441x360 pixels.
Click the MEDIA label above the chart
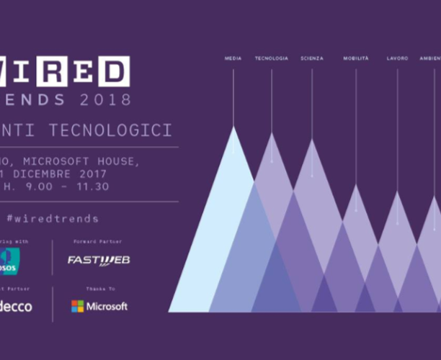[233, 58]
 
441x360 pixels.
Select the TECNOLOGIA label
[271, 58]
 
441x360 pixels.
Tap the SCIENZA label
[312, 58]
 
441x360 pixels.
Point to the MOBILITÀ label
[356, 58]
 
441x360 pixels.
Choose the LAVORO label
[397, 58]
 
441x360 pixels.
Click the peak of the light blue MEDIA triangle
[233, 127]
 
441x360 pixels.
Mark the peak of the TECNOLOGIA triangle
[272, 134]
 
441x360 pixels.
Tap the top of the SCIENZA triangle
[312, 140]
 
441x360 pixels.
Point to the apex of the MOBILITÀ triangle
[356, 186]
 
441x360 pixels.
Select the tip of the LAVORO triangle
[397, 192]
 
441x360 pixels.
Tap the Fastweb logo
[99, 260]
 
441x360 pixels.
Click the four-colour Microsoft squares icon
[77, 306]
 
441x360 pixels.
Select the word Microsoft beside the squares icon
[107, 306]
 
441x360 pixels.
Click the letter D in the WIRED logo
[112, 71]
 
